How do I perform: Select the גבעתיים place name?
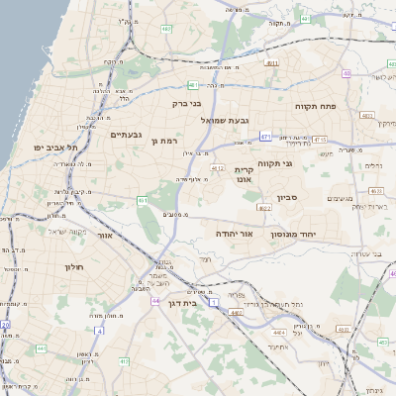(128, 135)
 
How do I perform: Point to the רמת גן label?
(163, 142)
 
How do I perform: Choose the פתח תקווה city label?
(317, 103)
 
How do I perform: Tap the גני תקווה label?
(275, 163)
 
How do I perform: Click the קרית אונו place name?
(244, 174)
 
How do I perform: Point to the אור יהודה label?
(235, 234)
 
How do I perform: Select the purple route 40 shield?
(346, 73)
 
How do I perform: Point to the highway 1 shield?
(215, 227)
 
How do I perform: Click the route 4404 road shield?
(280, 332)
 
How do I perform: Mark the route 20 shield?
(5, 324)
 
